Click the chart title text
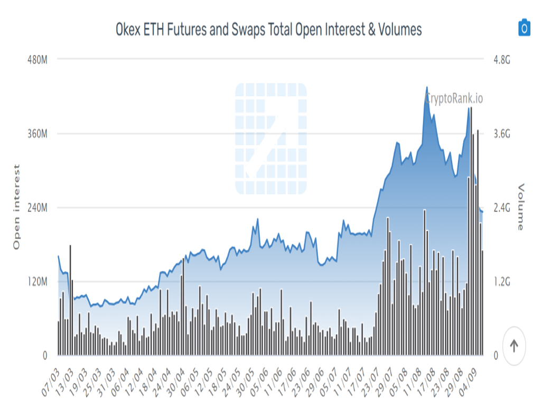click(x=269, y=30)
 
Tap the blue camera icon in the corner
click(x=524, y=27)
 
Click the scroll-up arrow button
click(x=514, y=346)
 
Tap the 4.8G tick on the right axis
click(x=501, y=60)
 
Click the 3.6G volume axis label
click(x=501, y=134)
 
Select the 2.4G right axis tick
click(x=501, y=208)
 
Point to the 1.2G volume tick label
click(x=501, y=282)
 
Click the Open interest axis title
click(x=16, y=207)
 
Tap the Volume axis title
click(x=521, y=207)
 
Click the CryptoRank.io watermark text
click(x=454, y=98)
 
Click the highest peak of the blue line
click(x=427, y=87)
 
